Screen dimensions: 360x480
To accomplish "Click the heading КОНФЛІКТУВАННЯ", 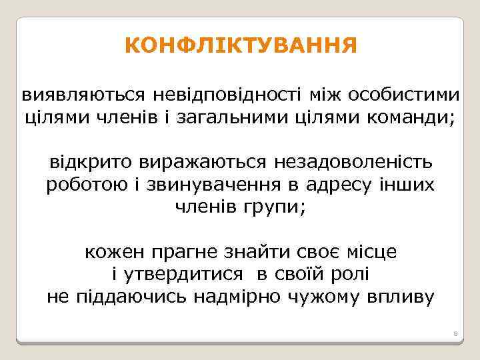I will pos(240,46).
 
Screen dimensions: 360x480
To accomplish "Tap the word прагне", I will pos(177,253).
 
